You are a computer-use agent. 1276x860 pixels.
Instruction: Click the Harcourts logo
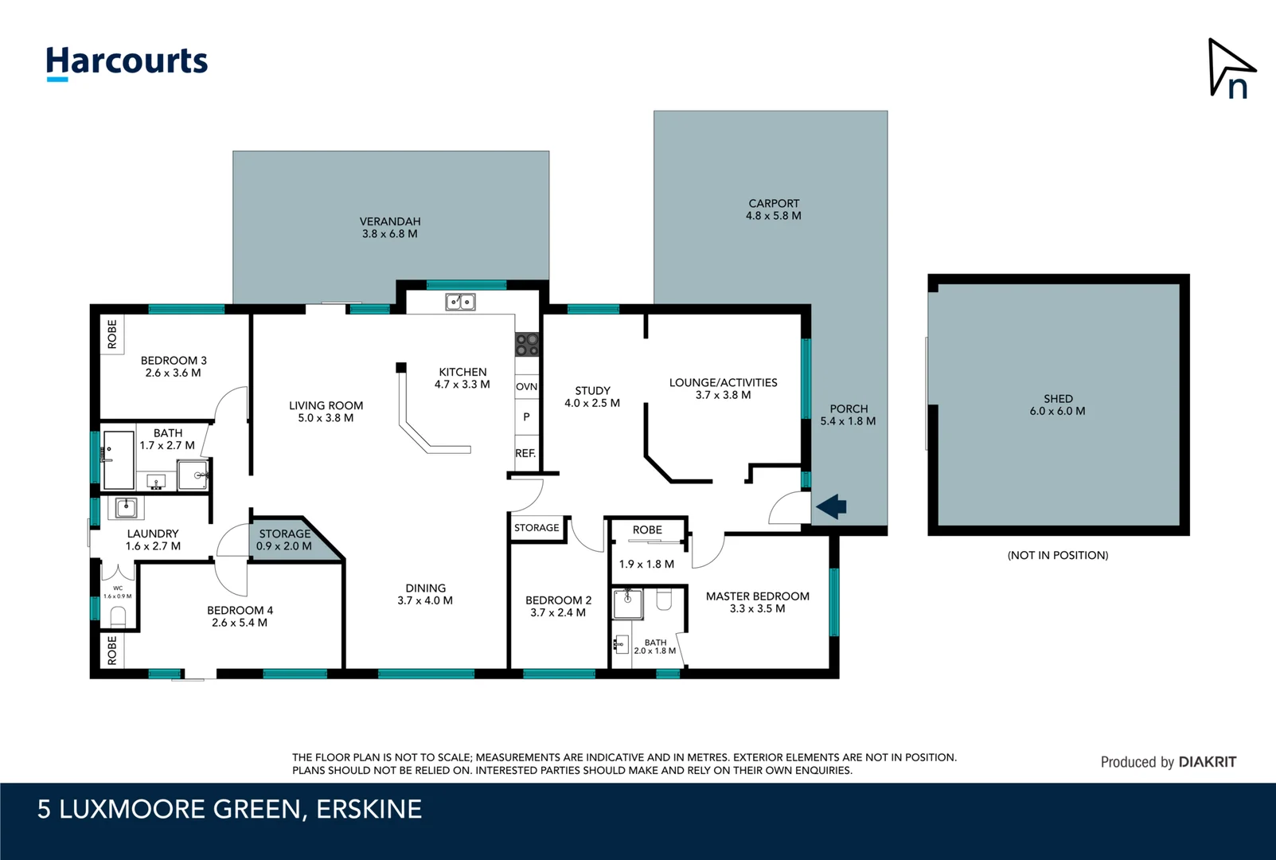[127, 63]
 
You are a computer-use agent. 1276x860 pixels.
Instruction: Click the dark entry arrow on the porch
[832, 506]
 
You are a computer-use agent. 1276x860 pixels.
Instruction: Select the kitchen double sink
[460, 302]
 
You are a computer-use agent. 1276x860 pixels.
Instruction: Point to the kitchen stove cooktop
[527, 345]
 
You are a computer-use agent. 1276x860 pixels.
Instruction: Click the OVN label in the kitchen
[526, 387]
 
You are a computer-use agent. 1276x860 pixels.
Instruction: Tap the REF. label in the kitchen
[525, 454]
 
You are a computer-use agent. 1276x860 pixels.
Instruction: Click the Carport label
[774, 209]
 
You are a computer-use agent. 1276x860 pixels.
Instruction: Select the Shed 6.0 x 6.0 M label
[1058, 405]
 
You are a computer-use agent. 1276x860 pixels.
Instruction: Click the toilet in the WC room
[118, 617]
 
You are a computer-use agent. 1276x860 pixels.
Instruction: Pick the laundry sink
[126, 507]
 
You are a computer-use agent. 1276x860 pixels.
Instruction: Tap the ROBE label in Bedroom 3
[112, 334]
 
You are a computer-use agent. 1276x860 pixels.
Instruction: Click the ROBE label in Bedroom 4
[112, 651]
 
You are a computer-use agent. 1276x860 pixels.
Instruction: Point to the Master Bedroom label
[758, 603]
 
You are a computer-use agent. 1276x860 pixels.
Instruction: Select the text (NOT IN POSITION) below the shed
[1058, 555]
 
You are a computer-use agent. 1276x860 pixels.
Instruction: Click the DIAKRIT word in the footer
[1208, 762]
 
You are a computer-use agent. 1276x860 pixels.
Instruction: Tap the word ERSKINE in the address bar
[369, 809]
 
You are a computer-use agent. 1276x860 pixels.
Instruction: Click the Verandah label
[390, 228]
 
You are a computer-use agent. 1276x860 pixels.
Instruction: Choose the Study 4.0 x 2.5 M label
[592, 397]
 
